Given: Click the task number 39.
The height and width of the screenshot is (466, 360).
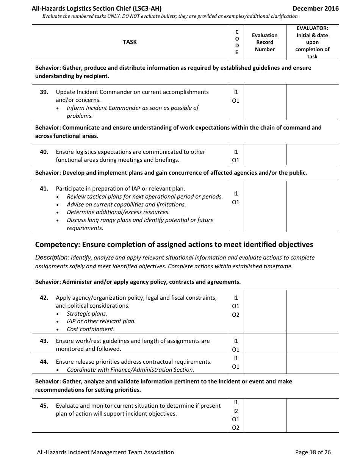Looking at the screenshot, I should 44,92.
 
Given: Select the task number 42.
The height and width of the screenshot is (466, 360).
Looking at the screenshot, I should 44,298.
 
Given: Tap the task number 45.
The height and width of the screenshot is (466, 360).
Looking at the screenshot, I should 44,406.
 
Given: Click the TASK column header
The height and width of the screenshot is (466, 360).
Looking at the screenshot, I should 130,42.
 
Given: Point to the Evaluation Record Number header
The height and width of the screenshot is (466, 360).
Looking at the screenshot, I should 265,42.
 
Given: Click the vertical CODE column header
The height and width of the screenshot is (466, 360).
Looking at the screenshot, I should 237,42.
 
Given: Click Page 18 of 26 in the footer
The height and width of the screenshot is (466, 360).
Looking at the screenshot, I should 313,452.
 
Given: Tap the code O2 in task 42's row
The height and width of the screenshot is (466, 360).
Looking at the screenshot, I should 236,315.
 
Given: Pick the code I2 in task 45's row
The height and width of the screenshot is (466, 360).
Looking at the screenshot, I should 236,411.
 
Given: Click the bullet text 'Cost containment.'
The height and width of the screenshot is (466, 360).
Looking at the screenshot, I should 91,329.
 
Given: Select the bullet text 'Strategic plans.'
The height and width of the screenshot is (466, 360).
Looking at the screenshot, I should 87,314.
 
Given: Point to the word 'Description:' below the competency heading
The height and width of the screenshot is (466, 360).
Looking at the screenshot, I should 52,258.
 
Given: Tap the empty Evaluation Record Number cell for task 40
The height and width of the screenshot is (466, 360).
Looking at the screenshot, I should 265,155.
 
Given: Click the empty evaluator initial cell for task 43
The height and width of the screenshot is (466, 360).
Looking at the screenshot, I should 312,344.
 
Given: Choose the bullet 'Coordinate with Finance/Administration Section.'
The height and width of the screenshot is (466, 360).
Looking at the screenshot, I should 130,370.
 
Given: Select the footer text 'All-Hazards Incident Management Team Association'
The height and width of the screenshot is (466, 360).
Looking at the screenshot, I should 105,452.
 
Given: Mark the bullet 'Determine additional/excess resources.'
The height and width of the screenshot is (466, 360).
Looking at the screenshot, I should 118,212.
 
